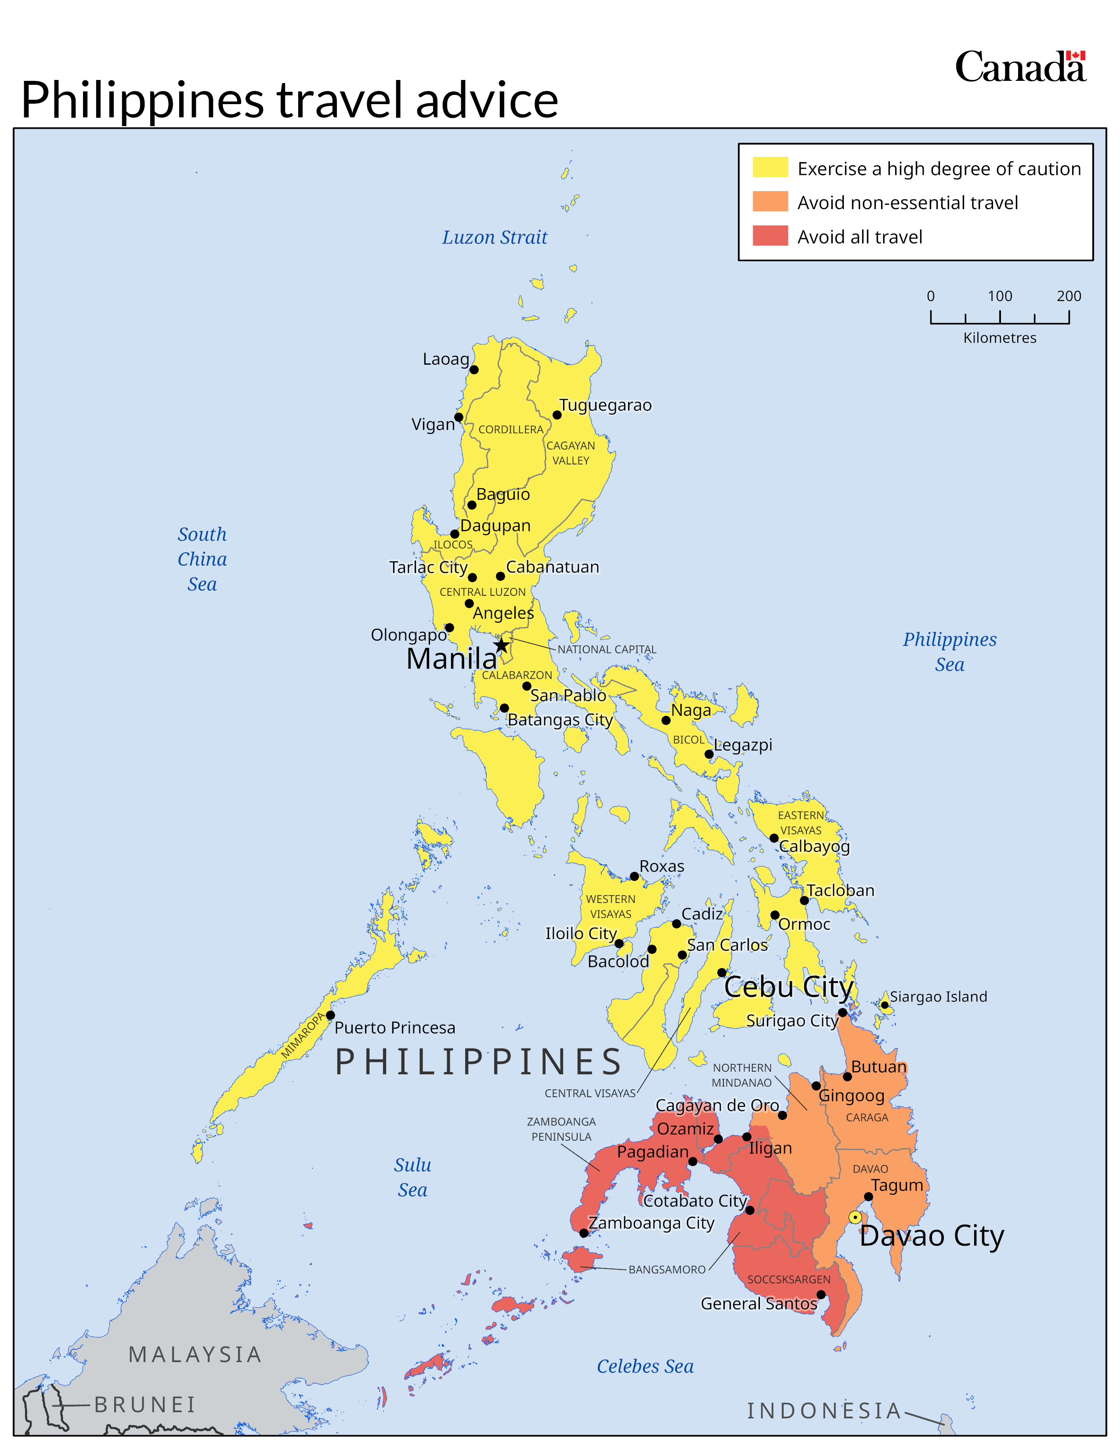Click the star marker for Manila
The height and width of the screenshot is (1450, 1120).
point(502,645)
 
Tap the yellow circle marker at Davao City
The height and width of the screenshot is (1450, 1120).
point(855,1217)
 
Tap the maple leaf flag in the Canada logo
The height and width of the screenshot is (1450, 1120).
point(1076,56)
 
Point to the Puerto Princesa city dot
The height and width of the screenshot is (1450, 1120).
point(330,1015)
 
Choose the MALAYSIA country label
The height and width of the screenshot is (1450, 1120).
point(195,1354)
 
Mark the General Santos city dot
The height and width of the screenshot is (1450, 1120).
point(821,1294)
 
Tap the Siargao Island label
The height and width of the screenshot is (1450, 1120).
point(938,997)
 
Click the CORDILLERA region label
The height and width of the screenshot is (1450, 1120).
point(511,430)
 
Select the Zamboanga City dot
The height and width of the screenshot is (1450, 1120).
point(584,1233)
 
